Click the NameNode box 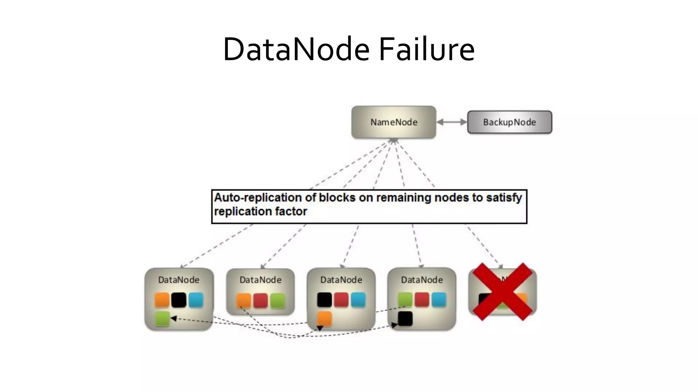coord(394,122)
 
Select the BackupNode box coord(509,122)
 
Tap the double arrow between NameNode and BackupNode coord(452,122)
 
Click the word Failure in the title coord(427,50)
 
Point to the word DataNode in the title coord(296,50)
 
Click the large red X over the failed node coord(502,292)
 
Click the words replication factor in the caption coord(260,212)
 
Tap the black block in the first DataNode coord(179,300)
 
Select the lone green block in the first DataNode coord(162,319)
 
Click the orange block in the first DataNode coord(162,300)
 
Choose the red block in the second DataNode coord(261,301)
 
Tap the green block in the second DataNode coord(277,301)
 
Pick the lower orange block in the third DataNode coord(324,319)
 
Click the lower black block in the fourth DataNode coord(405,319)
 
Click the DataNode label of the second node coord(260,280)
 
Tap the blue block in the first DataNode coord(196,300)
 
